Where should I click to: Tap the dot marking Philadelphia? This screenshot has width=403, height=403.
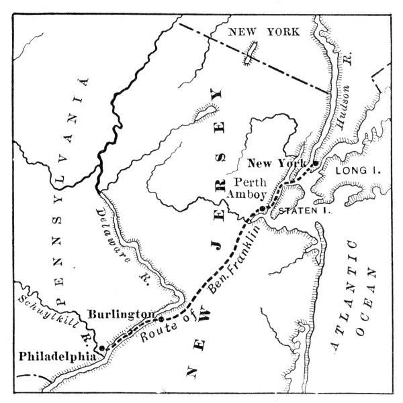point(101,349)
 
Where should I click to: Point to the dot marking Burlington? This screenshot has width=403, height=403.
point(161,319)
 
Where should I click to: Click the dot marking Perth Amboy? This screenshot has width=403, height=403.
point(263,209)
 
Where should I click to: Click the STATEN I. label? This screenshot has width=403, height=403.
point(299,210)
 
